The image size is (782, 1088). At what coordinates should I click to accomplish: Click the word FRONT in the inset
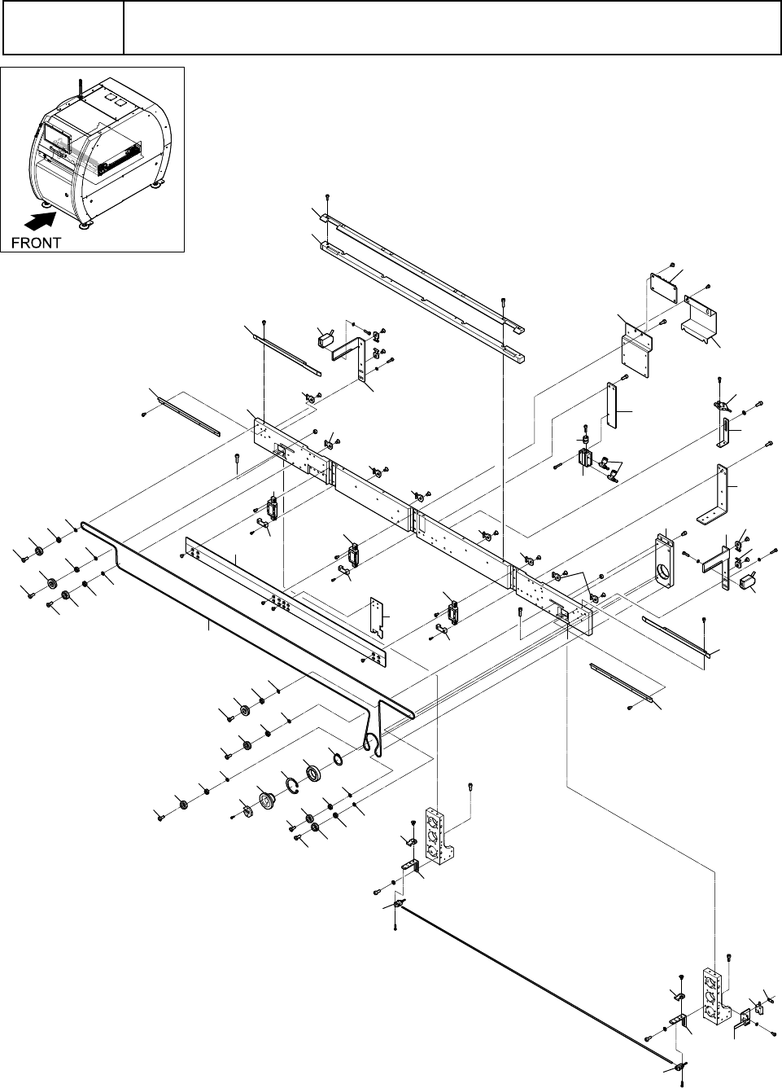point(36,243)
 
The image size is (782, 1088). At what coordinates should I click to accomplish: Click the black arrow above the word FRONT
point(39,222)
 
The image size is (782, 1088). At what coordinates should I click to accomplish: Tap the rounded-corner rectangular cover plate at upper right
point(664,288)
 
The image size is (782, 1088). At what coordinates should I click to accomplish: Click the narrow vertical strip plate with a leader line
point(612,405)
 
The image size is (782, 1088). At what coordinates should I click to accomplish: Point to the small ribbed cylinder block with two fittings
point(585,458)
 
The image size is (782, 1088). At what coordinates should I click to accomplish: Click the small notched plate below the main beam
point(377,617)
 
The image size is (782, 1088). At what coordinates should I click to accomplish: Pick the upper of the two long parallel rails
point(422,273)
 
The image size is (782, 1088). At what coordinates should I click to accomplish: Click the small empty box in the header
point(63,28)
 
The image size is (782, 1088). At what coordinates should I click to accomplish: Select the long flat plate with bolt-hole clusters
point(286,601)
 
